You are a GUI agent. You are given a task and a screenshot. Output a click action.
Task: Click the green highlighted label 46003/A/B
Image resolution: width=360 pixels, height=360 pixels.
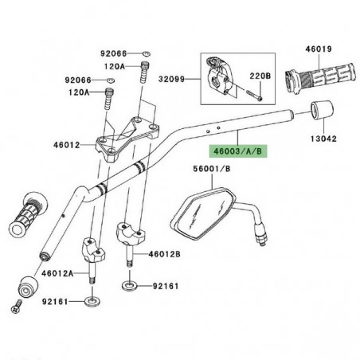click(233, 148)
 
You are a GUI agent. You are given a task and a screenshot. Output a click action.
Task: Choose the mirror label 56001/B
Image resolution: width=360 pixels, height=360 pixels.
click(209, 168)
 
